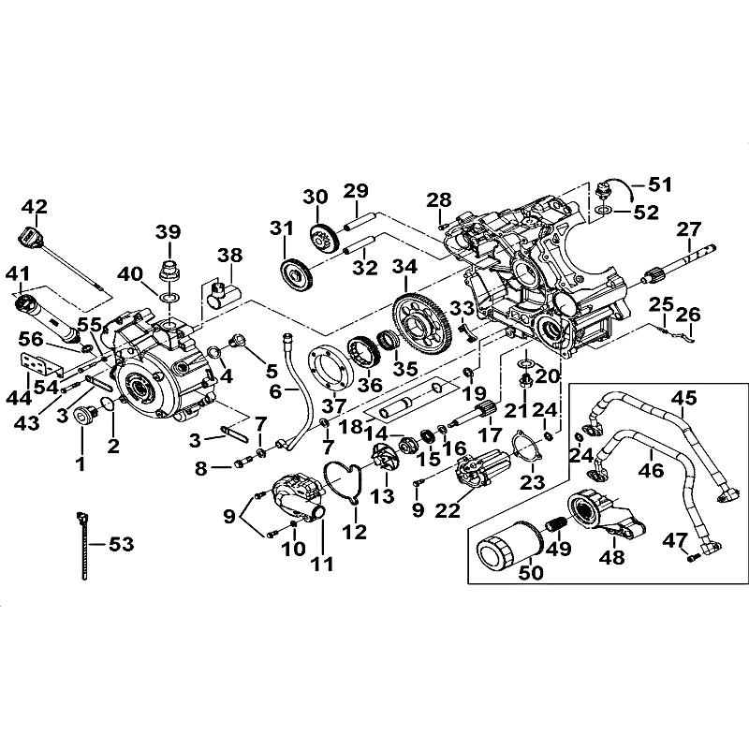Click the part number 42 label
(34, 206)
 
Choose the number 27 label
(689, 229)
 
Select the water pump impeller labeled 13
(384, 461)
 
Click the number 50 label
(506, 598)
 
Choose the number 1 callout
(81, 463)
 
